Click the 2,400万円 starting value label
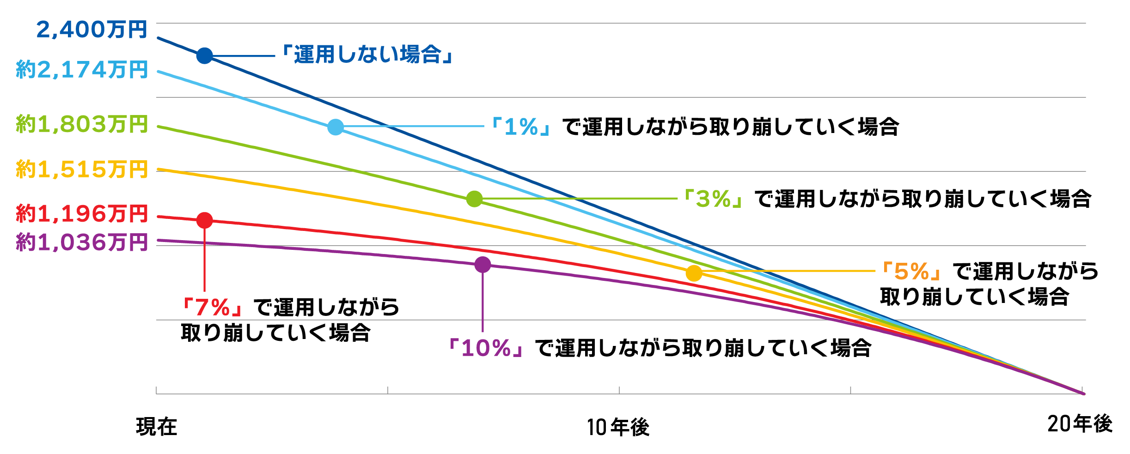point(92,30)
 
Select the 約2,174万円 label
point(82,70)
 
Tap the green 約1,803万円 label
point(82,125)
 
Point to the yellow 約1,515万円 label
point(82,169)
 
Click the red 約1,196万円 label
point(82,214)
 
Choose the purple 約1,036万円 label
point(82,242)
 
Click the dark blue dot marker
point(204,56)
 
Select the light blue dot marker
point(336,127)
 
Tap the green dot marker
point(474,199)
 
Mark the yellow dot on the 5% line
point(694,273)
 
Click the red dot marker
point(204,220)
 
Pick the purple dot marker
point(483,265)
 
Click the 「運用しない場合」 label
point(367,55)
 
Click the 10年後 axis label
point(618,427)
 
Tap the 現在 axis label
point(157,427)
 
